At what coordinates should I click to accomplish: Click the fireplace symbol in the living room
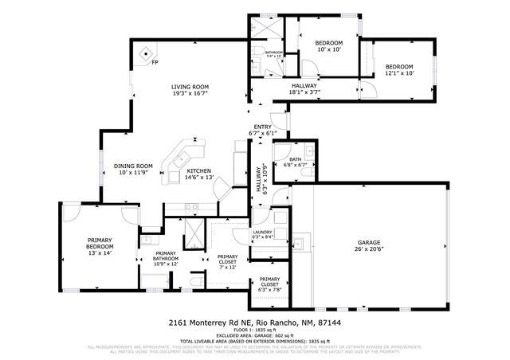pyautogui.click(x=145, y=55)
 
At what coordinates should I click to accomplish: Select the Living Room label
pyautogui.click(x=190, y=87)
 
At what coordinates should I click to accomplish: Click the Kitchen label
pyautogui.click(x=198, y=170)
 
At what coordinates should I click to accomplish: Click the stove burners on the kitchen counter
pyautogui.click(x=192, y=207)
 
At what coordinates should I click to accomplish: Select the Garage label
pyautogui.click(x=369, y=242)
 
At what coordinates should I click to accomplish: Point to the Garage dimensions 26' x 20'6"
pyautogui.click(x=369, y=250)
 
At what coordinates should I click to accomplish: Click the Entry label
pyautogui.click(x=262, y=127)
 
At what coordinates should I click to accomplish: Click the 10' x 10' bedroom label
pyautogui.click(x=328, y=43)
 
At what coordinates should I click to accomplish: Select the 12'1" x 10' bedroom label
pyautogui.click(x=399, y=67)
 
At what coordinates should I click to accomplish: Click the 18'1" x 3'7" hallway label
pyautogui.click(x=304, y=86)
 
